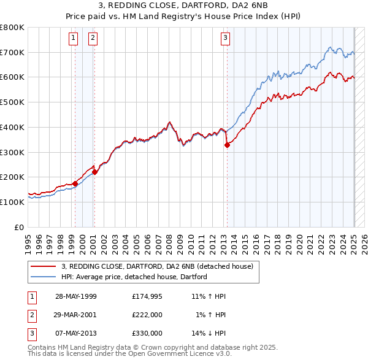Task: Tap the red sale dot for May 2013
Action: point(227,145)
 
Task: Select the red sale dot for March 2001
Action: point(94,172)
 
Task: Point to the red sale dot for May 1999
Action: point(75,183)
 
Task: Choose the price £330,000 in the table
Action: point(147,333)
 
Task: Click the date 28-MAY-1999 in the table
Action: point(76,296)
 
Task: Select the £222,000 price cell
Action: point(147,315)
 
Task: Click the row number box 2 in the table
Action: point(31,315)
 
